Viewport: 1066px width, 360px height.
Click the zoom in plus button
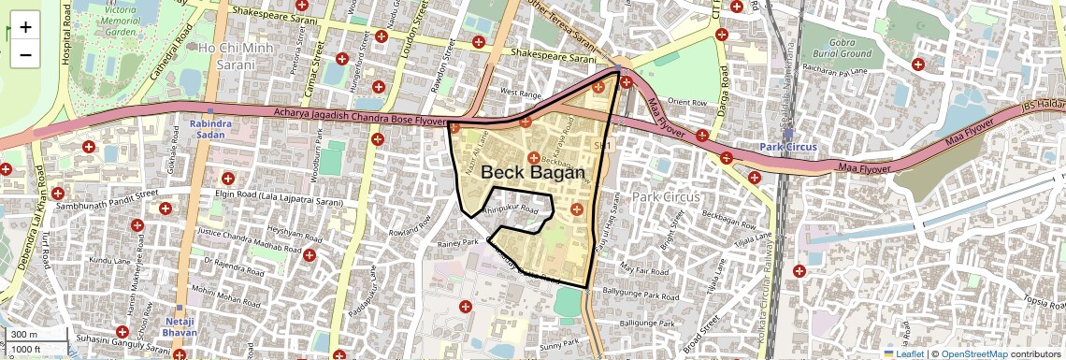(x=25, y=26)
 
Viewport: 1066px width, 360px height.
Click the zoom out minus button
(x=25, y=54)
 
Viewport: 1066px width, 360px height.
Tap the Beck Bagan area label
(x=532, y=173)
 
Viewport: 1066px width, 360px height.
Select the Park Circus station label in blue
(x=788, y=147)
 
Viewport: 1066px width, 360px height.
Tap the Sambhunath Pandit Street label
(x=108, y=199)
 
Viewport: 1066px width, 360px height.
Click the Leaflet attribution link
(x=903, y=353)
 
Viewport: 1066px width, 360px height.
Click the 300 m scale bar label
(x=25, y=335)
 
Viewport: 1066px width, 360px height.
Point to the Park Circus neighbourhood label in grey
(x=666, y=197)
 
